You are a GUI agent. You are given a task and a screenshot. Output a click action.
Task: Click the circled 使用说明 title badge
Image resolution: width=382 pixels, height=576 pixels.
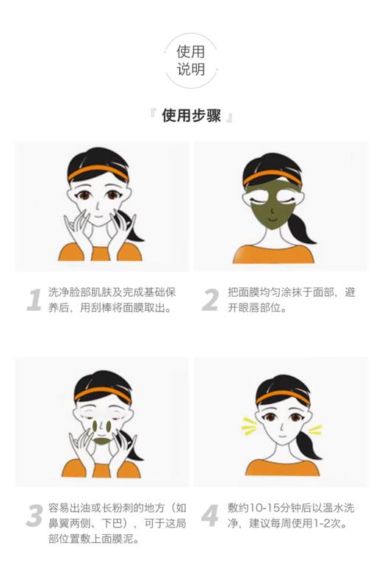click(x=190, y=61)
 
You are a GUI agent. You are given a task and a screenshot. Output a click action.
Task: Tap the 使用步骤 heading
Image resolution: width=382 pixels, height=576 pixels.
click(x=191, y=116)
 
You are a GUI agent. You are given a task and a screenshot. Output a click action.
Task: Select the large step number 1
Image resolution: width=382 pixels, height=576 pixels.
click(x=33, y=300)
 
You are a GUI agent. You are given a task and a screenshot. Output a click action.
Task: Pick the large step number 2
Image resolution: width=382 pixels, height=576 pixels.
click(x=210, y=300)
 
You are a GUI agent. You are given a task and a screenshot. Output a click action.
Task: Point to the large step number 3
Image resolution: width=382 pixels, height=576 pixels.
click(x=33, y=516)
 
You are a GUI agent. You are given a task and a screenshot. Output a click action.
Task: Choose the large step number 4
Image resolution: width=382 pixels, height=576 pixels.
click(x=210, y=516)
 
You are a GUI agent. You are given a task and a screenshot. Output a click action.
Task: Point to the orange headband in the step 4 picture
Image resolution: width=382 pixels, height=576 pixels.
click(x=280, y=392)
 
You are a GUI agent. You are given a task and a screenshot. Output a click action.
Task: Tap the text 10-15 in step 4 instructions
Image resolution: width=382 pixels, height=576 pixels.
click(x=256, y=508)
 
